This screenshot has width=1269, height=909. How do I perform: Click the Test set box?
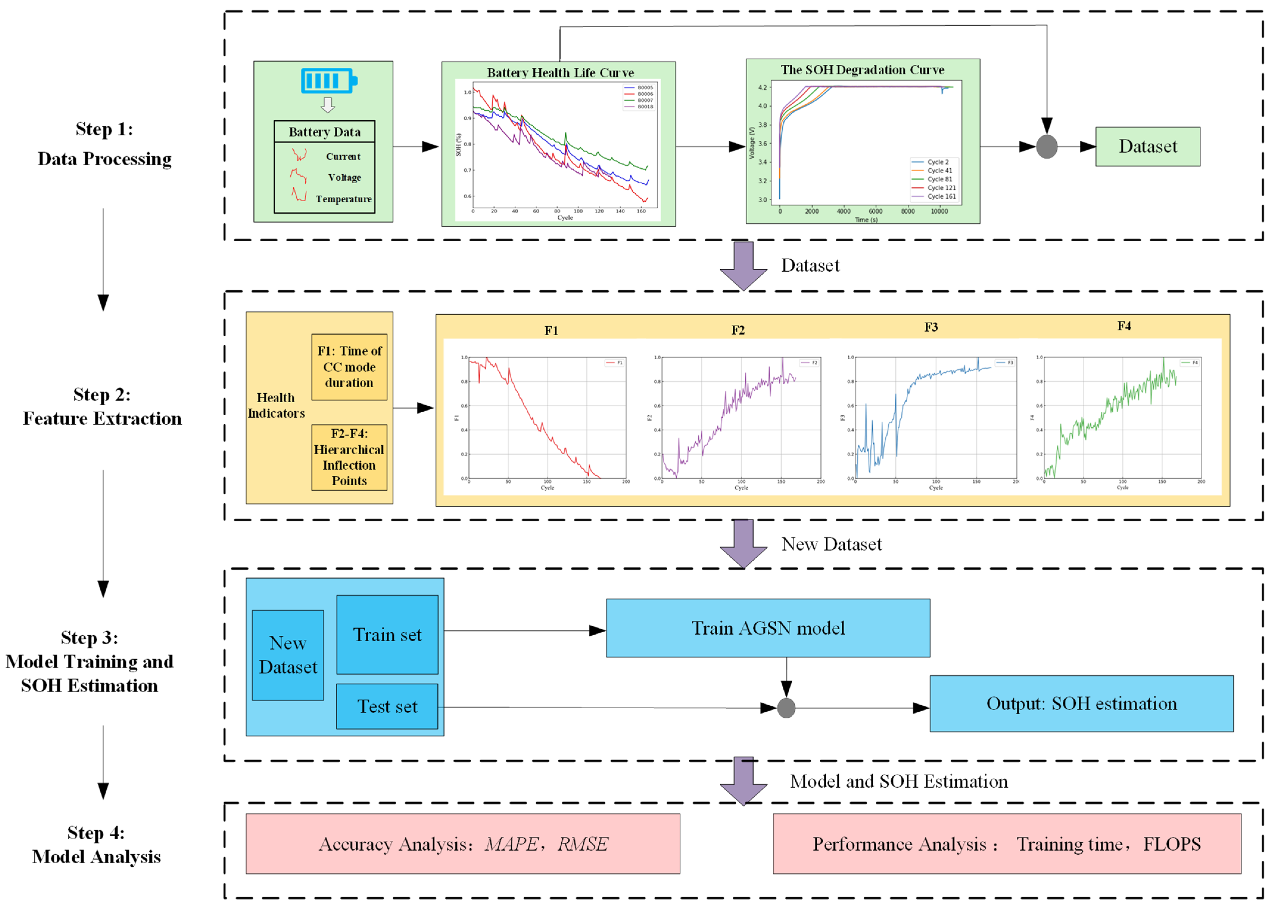tap(387, 706)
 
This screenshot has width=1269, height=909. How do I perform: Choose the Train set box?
tap(387, 635)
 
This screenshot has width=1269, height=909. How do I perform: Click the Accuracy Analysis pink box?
tap(462, 843)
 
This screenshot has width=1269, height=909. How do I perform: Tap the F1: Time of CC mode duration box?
tap(349, 367)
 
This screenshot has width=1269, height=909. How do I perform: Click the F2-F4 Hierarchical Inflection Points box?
tap(349, 457)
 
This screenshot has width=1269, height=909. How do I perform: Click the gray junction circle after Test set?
tap(786, 708)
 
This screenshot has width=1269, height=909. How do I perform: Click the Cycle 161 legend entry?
tap(941, 196)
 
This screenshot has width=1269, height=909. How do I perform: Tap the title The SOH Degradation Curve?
tap(862, 70)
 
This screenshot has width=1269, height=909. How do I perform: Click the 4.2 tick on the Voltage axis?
tap(762, 87)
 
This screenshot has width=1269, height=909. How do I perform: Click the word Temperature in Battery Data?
tap(343, 199)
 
